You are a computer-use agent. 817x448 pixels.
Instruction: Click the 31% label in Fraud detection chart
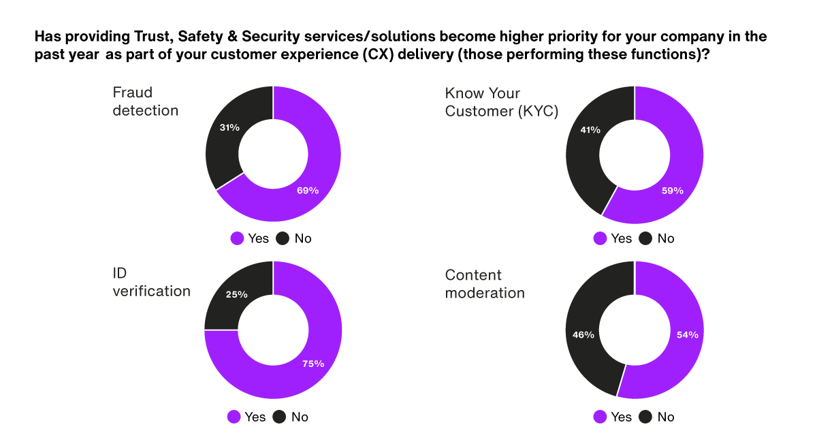229,127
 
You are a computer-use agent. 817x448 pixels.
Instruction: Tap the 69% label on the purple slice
308,191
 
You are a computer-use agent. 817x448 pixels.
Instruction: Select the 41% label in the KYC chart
590,130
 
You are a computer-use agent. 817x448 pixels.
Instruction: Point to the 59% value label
673,191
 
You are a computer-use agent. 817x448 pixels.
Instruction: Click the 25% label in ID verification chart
236,295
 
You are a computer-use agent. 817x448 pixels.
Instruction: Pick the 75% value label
313,364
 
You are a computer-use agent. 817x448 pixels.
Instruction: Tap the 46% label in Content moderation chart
583,335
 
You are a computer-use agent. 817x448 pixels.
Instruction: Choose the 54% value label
687,335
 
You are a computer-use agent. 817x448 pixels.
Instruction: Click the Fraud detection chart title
145,101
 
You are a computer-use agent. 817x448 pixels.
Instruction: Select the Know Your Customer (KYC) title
501,102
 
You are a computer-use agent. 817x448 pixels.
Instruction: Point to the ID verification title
151,283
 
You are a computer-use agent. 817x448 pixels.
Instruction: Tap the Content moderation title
485,284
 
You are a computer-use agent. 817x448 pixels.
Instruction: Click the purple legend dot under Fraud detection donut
237,238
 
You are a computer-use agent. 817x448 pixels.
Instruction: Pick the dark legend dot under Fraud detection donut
282,238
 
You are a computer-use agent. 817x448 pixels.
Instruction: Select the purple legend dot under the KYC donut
600,238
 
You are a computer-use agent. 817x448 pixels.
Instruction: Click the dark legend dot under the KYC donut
645,238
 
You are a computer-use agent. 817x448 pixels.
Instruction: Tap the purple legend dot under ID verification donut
234,417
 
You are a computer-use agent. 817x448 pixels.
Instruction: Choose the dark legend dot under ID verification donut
279,417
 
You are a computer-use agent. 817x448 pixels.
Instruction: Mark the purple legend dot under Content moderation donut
600,417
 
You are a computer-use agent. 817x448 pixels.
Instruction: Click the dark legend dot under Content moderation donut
645,417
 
